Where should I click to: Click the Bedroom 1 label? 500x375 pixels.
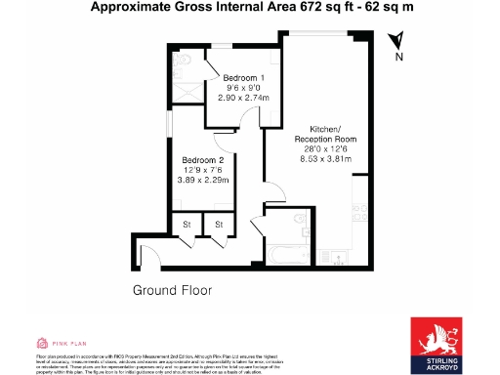pos(243,77)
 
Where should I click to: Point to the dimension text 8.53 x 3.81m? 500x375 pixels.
pos(325,156)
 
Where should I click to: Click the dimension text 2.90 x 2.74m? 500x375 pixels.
pos(243,99)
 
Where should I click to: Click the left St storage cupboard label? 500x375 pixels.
pos(186,226)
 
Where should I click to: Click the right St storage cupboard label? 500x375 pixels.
pos(219,226)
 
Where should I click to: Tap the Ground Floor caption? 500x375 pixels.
pos(173,291)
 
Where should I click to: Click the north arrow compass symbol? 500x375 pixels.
pos(396,44)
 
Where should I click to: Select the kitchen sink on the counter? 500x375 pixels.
pos(362,211)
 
